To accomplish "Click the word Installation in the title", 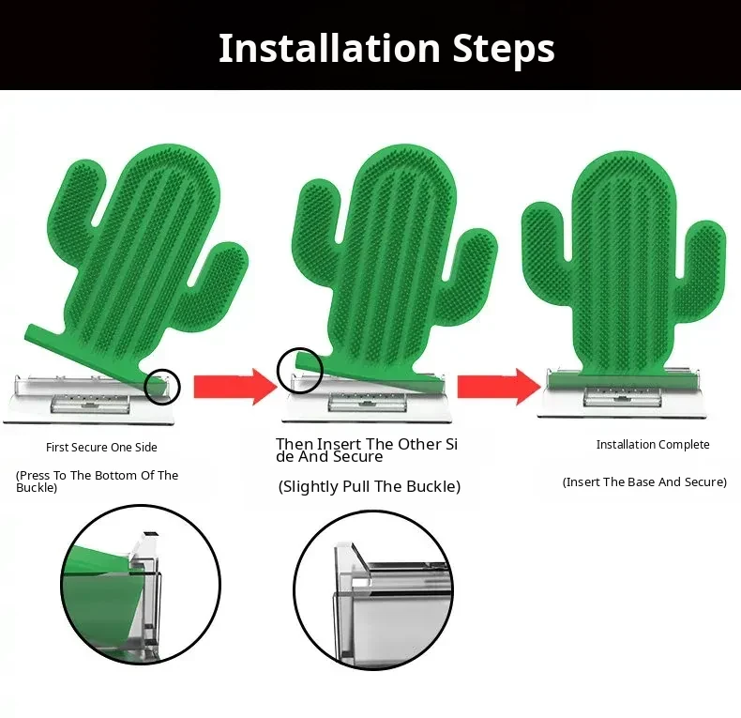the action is pos(329,48).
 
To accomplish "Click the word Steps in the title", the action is pos(504,49).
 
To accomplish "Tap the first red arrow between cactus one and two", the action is pos(235,387).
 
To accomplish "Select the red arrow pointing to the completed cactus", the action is pos(499,387).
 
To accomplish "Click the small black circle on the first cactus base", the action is pos(162,370).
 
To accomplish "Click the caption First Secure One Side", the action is pos(101,447).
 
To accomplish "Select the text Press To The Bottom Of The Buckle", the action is pos(97,481).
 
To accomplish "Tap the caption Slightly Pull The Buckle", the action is pos(369,486).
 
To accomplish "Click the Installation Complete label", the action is pos(653,445).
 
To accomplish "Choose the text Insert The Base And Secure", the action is pos(644,482).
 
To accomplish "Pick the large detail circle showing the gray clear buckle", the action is pos(294,589).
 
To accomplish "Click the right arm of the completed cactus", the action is pos(704,254).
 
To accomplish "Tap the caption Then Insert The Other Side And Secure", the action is pos(367,450).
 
